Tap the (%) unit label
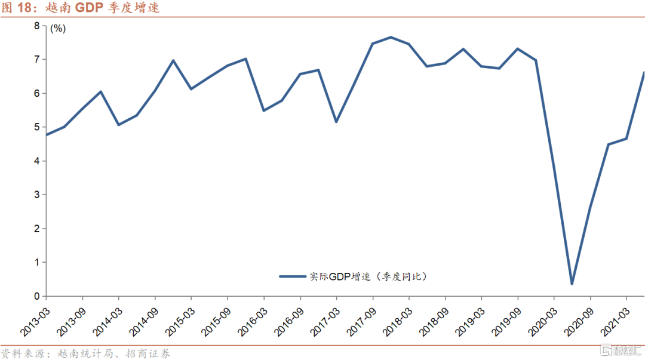point(58,28)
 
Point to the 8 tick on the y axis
point(37,26)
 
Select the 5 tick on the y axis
point(37,127)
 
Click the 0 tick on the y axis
point(37,296)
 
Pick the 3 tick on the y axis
point(37,195)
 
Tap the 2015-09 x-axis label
point(216,320)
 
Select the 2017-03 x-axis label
point(324,320)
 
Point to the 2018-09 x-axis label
point(433,320)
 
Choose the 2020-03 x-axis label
point(542,320)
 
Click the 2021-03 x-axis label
point(614,320)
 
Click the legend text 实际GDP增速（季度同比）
point(370,276)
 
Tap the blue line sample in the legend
point(293,276)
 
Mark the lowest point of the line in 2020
point(572,284)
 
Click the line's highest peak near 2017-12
point(391,37)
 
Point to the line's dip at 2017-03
point(336,122)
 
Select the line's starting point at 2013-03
point(47,135)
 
